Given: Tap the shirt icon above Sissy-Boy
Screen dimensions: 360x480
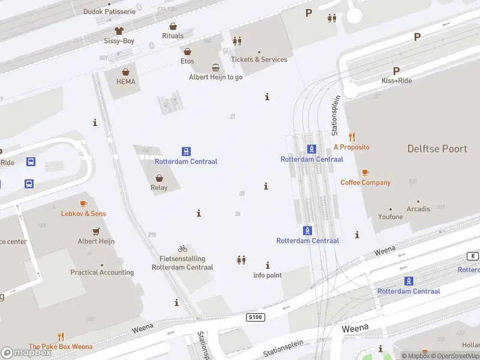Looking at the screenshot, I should [x=119, y=30].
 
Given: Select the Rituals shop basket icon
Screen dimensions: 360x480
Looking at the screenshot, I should [x=173, y=26].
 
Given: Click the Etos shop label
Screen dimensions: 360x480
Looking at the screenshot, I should [x=187, y=61].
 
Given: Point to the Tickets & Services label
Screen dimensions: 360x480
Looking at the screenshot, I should [x=259, y=59].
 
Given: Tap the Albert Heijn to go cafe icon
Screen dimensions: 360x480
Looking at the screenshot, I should [x=215, y=68].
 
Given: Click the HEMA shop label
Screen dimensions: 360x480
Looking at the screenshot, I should [x=125, y=82].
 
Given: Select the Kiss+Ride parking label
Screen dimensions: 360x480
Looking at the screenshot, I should [x=397, y=80].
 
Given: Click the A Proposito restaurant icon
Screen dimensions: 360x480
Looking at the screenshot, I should [x=352, y=137].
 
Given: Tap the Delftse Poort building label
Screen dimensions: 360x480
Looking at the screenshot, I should [x=437, y=148].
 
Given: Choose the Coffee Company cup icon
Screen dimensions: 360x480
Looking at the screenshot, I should [x=365, y=173].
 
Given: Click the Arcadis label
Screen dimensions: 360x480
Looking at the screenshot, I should [x=418, y=209].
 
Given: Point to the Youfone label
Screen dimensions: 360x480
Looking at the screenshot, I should [x=391, y=217].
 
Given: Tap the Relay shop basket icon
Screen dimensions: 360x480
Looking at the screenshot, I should [x=159, y=178].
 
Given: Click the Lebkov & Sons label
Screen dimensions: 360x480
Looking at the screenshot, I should [x=83, y=214].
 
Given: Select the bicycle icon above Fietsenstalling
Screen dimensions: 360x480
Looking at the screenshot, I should [x=182, y=248].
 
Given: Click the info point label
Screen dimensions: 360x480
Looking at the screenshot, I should [x=268, y=275].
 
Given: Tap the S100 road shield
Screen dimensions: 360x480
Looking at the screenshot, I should [x=255, y=316].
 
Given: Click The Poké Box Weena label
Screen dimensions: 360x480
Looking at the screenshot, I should [x=61, y=346].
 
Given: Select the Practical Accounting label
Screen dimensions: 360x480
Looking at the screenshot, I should [x=102, y=272].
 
